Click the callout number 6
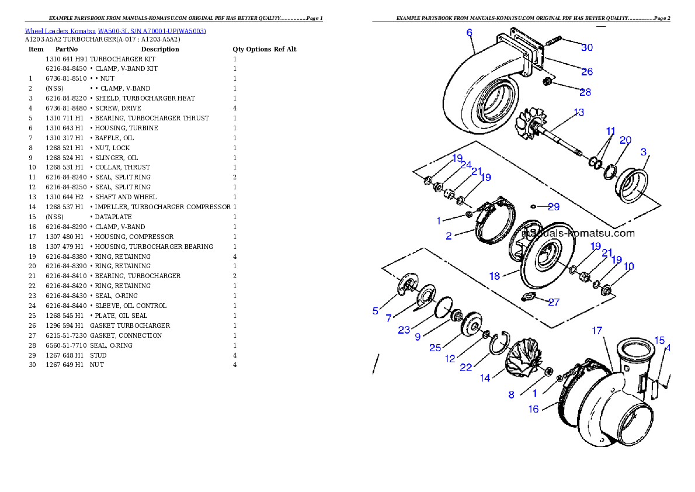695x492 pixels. (469, 33)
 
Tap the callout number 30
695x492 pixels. (586, 47)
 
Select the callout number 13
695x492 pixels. (578, 112)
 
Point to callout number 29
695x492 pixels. (553, 207)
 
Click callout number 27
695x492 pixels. (553, 302)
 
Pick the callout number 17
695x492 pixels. (597, 331)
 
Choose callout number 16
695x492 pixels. (533, 409)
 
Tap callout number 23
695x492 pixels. (404, 330)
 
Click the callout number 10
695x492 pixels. (628, 267)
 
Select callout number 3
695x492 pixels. (644, 152)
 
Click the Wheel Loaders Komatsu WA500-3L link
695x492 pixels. (115, 31)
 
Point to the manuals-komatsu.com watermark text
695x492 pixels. (578, 233)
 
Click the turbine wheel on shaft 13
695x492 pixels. (530, 124)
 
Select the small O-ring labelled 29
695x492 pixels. (533, 206)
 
